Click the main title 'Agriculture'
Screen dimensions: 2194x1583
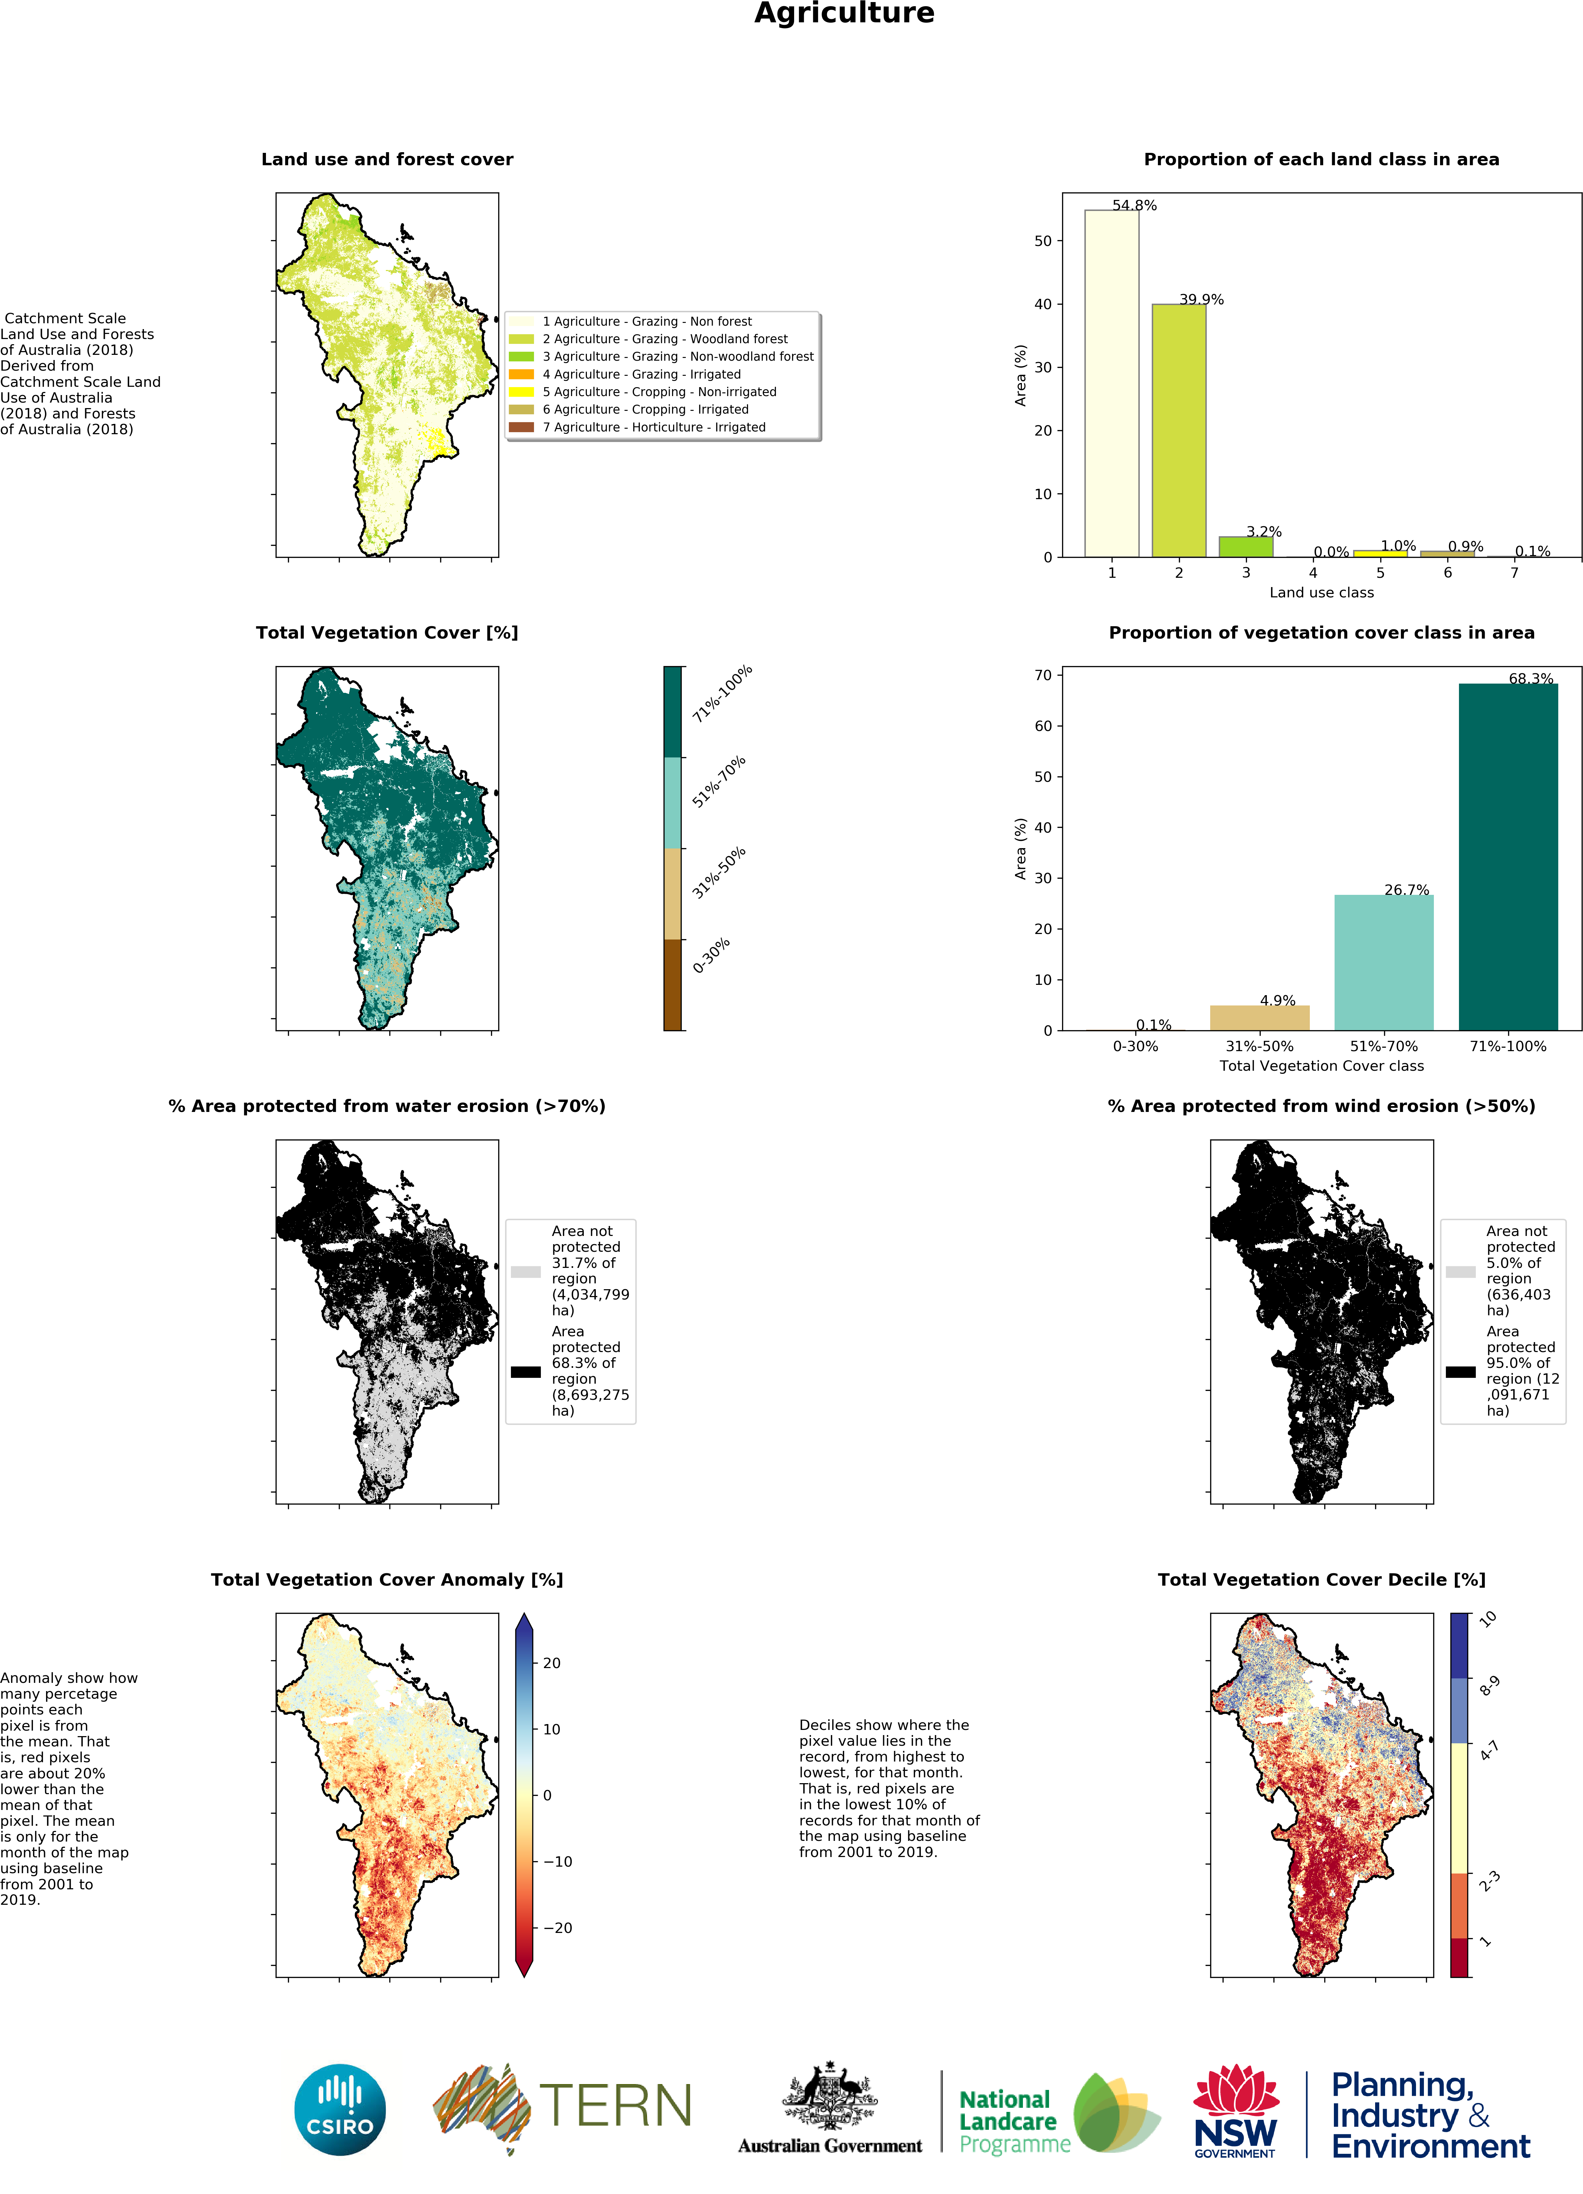click(x=844, y=13)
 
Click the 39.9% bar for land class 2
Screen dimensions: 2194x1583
click(x=1179, y=430)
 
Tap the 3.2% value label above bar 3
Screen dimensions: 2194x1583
click(x=1264, y=531)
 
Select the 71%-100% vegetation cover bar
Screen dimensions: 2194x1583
click(x=1507, y=856)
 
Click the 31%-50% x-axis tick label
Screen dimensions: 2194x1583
click(x=1259, y=1046)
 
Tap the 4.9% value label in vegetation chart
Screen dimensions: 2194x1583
click(x=1277, y=1000)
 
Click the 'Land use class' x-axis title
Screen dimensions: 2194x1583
click(x=1321, y=592)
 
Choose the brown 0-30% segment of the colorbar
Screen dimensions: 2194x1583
click(x=672, y=985)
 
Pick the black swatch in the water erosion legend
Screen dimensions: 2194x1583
click(x=525, y=1371)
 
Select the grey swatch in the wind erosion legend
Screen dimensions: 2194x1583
click(x=1460, y=1271)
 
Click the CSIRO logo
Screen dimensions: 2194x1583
click(x=339, y=2109)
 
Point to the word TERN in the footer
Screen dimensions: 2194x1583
click(x=615, y=2106)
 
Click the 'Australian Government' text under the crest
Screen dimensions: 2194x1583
click(x=829, y=2146)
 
